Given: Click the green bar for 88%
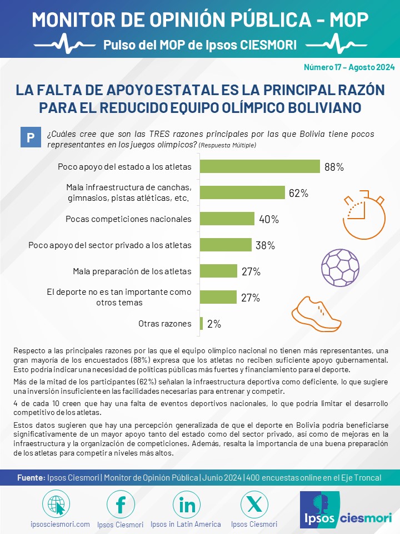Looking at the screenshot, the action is tap(260, 166).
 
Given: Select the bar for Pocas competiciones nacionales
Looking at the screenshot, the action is tap(227, 219).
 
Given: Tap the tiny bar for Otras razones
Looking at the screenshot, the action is tap(201, 323).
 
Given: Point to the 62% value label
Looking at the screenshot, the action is tap(299, 193).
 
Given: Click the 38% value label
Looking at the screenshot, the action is tap(266, 245).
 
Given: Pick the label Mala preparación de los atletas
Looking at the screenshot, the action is tap(132, 271).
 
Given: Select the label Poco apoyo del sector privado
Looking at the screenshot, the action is tap(110, 245).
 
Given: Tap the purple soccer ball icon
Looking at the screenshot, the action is tap(340, 268).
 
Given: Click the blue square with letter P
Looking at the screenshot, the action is tap(31, 137).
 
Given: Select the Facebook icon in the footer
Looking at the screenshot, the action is tap(121, 505).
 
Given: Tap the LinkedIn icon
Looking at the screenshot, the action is tap(187, 505).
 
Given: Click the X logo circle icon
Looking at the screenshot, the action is tap(254, 505).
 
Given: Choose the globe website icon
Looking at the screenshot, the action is tap(56, 505).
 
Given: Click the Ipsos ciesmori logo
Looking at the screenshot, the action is tap(346, 510).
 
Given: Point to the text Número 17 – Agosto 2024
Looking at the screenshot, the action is tap(349, 67).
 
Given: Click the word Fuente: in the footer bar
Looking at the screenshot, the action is tap(31, 478).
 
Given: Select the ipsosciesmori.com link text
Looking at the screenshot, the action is tap(60, 524).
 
